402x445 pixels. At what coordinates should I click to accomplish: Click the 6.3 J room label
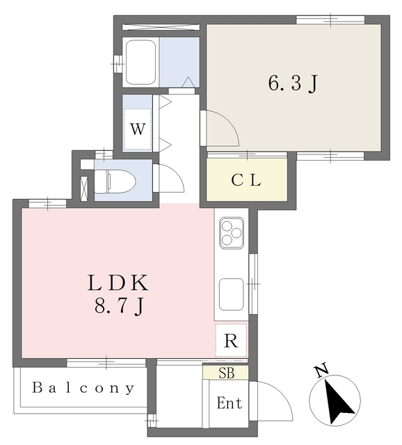click(x=293, y=83)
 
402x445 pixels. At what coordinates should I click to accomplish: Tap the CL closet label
click(x=246, y=180)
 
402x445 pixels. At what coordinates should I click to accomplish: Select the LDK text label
click(x=118, y=283)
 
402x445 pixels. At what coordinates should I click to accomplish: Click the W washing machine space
click(x=138, y=129)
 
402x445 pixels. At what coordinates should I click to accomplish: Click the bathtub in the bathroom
click(x=141, y=62)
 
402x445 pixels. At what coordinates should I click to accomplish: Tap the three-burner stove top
click(x=232, y=232)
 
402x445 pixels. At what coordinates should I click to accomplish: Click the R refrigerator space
click(x=231, y=341)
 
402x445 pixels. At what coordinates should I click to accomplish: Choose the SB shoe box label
click(x=227, y=373)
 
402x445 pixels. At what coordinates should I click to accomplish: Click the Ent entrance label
click(x=229, y=403)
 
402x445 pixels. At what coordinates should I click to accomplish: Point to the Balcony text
click(x=83, y=388)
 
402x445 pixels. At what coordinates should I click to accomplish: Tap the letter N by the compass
click(x=321, y=371)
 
